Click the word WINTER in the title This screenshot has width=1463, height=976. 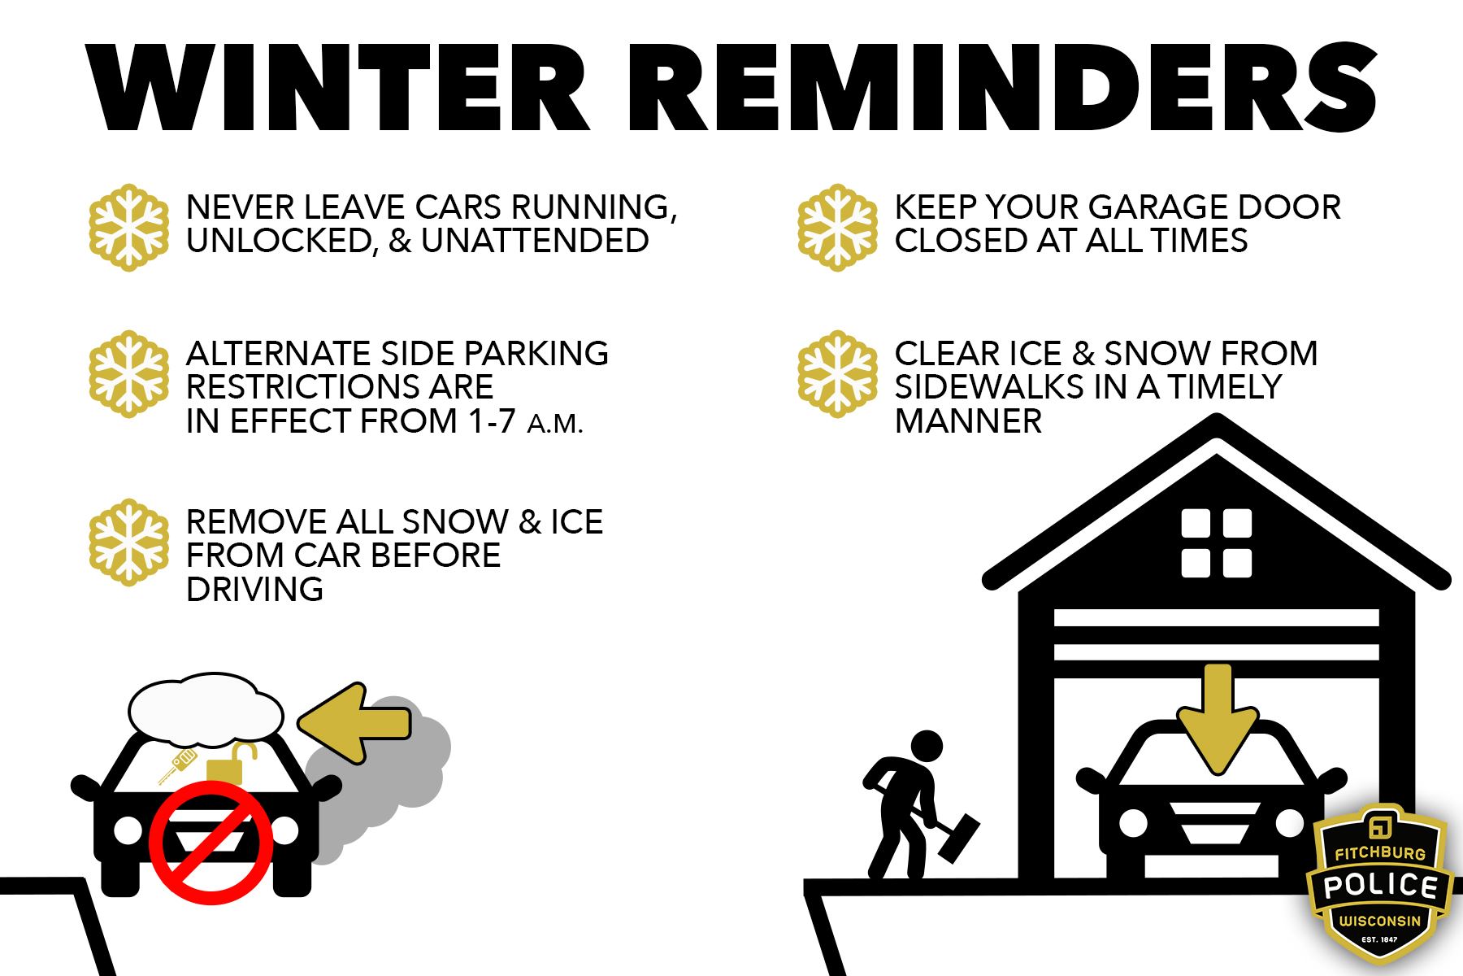point(337,88)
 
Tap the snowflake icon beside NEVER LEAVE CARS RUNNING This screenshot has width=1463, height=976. point(128,228)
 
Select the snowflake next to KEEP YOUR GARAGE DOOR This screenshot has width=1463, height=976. point(837,228)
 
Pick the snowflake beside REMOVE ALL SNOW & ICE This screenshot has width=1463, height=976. point(128,542)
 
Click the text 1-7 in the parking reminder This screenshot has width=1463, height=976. point(492,421)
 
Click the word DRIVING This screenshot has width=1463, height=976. point(254,589)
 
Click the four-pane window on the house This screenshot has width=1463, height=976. point(1216,543)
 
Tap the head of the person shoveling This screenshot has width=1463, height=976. point(926,745)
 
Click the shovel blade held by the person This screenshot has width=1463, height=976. point(959,838)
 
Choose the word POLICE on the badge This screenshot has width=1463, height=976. point(1380,885)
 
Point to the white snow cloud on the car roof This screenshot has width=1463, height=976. point(206,710)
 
